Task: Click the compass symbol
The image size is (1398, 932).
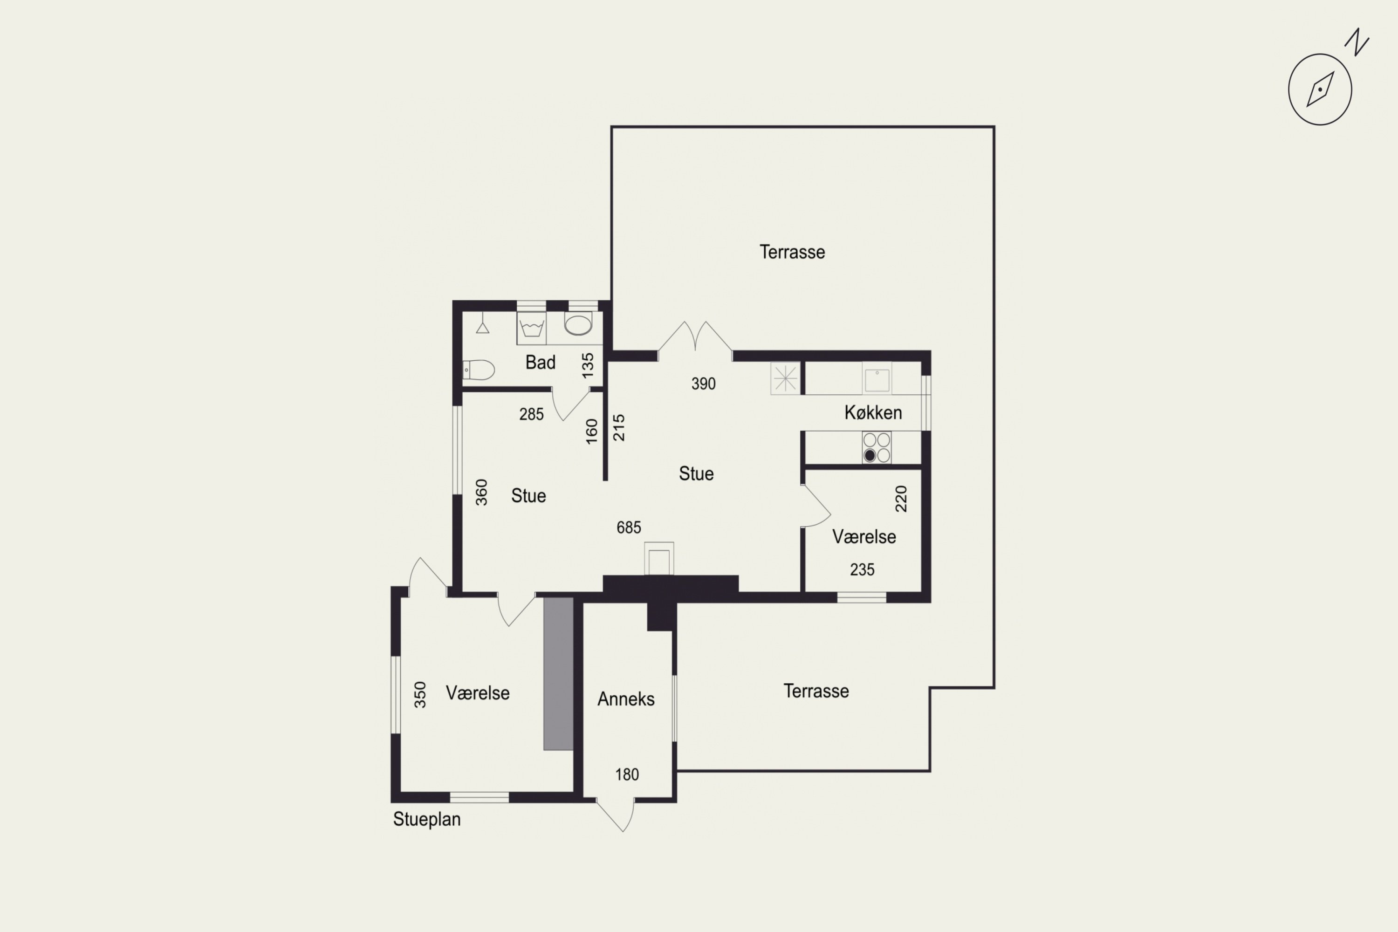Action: pyautogui.click(x=1320, y=89)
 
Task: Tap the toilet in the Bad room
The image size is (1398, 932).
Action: pyautogui.click(x=479, y=370)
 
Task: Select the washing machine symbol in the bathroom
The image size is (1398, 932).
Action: pyautogui.click(x=531, y=328)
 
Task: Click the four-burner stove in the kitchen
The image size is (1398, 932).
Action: pyautogui.click(x=877, y=447)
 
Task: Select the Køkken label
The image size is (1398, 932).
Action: pyautogui.click(x=873, y=412)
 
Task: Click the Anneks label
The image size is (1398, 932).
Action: pyautogui.click(x=626, y=699)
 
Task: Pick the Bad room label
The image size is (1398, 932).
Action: pyautogui.click(x=540, y=362)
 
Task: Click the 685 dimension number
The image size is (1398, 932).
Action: pyautogui.click(x=629, y=527)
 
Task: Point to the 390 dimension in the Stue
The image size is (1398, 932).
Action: pyautogui.click(x=703, y=384)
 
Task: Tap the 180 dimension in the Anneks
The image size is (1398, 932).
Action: pyautogui.click(x=627, y=774)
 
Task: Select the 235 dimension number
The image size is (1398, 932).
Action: pyautogui.click(x=862, y=569)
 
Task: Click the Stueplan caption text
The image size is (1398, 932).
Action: pyautogui.click(x=427, y=820)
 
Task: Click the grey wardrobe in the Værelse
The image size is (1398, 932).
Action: pyautogui.click(x=558, y=673)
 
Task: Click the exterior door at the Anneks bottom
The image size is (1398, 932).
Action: pyautogui.click(x=615, y=815)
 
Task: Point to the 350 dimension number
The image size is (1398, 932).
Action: pyautogui.click(x=420, y=694)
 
